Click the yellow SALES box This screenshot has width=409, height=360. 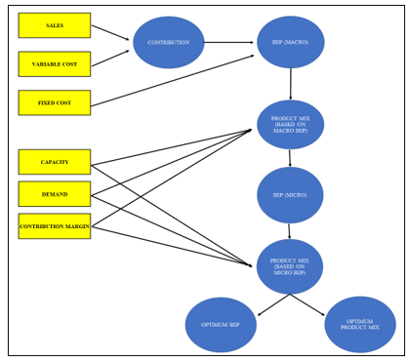[x=55, y=25]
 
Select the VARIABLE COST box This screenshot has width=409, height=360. [x=55, y=64]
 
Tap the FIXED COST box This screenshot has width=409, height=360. [x=55, y=102]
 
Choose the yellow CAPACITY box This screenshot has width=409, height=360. [x=55, y=162]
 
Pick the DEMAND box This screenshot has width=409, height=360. [x=55, y=194]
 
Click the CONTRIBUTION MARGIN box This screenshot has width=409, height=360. [x=55, y=226]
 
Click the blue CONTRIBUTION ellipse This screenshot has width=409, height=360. [x=169, y=43]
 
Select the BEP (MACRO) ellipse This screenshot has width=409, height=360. [x=291, y=43]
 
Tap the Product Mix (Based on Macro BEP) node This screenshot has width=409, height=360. [x=291, y=125]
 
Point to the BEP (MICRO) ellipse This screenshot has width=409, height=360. [x=291, y=195]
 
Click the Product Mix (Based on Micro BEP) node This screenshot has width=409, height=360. [x=290, y=266]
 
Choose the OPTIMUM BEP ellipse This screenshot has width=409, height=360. [x=221, y=324]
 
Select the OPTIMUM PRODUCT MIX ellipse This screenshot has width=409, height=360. [x=360, y=324]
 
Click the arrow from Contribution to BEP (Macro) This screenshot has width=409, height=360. [x=230, y=43]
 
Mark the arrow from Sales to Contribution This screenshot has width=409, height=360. [x=110, y=32]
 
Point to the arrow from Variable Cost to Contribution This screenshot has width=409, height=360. [x=110, y=58]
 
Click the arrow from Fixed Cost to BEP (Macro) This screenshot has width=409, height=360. [x=172, y=79]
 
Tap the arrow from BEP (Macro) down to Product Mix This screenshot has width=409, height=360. [x=290, y=84]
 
